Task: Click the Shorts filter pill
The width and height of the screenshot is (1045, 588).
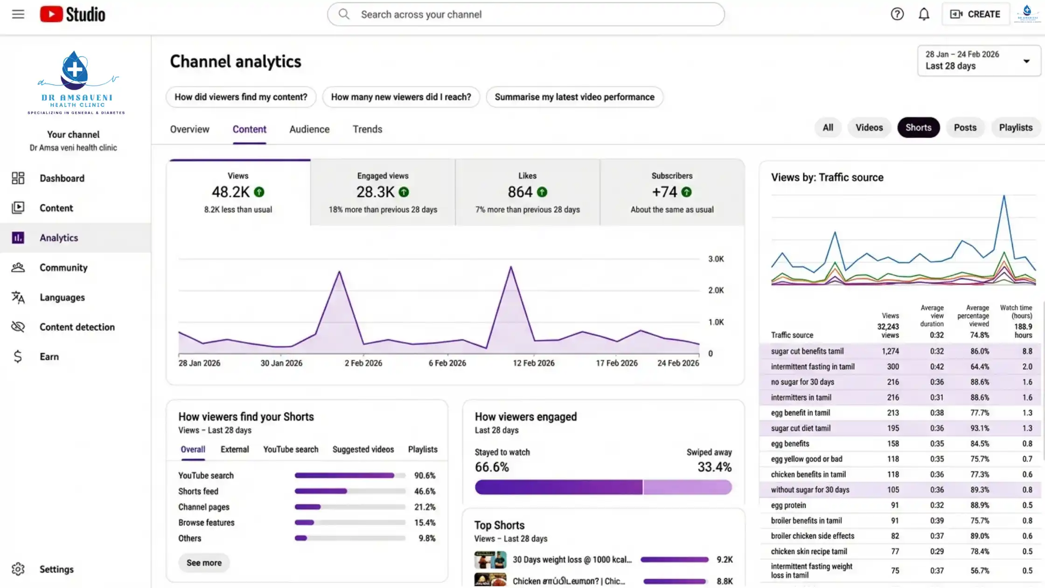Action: (918, 127)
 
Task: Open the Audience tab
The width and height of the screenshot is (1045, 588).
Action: (309, 129)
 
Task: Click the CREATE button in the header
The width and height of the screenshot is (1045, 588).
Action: (975, 14)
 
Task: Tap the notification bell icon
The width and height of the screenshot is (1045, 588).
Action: (924, 14)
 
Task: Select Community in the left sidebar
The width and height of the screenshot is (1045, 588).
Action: (63, 267)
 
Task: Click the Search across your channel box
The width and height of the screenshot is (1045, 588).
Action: (526, 14)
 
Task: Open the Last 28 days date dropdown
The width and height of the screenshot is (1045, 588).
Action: (978, 61)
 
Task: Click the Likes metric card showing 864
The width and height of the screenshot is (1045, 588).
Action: (527, 192)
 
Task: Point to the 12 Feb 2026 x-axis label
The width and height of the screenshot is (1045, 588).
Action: (533, 363)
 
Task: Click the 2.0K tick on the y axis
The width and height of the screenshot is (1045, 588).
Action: (716, 290)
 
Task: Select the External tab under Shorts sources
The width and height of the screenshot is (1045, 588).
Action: (235, 449)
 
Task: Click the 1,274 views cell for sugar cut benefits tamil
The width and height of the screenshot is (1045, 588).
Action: (890, 351)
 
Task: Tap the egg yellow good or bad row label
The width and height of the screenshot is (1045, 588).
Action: (806, 459)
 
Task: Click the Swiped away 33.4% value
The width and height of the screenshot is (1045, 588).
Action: (714, 467)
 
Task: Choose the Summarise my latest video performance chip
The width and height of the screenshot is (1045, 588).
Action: (574, 97)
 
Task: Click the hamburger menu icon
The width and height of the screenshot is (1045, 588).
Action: (18, 14)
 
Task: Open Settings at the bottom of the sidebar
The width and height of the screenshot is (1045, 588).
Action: (56, 569)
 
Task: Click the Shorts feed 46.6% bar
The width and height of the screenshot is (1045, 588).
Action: (349, 491)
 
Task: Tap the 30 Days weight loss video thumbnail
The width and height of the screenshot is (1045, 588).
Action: (490, 559)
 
